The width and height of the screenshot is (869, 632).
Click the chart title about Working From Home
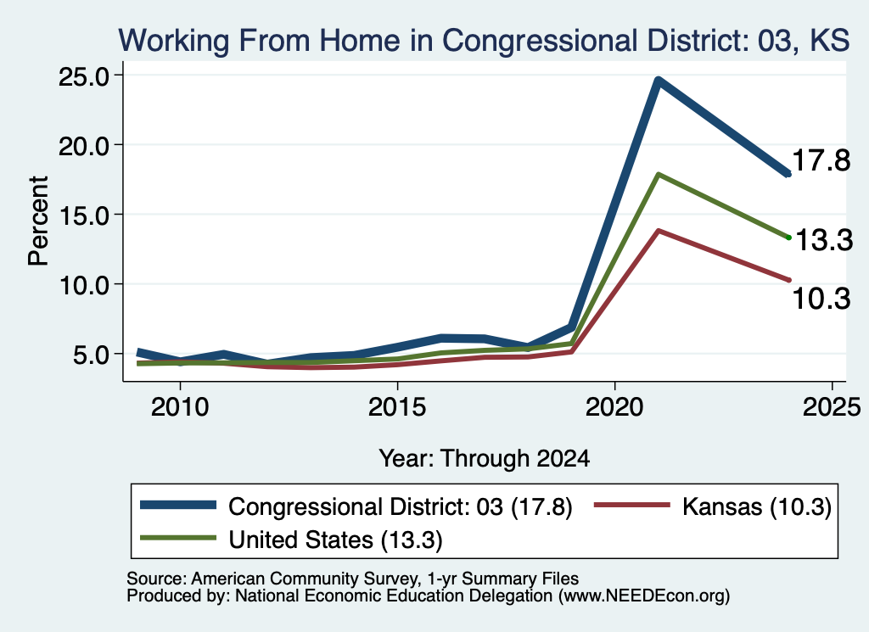[484, 41]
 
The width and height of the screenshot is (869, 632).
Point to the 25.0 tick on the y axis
[84, 76]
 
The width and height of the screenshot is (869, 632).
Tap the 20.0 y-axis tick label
[84, 146]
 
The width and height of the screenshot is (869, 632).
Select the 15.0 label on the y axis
[84, 215]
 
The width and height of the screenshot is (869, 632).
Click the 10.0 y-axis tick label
[84, 285]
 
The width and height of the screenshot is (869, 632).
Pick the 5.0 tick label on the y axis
[92, 355]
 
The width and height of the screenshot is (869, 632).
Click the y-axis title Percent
[38, 221]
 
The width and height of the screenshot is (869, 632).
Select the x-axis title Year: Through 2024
[484, 459]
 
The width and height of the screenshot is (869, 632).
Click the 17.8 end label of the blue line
[821, 160]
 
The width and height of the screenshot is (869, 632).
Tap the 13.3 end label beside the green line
[824, 240]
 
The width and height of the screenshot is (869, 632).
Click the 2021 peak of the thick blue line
[658, 81]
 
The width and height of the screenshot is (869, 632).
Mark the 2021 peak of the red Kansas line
[658, 231]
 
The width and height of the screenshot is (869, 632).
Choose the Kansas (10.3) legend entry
[713, 506]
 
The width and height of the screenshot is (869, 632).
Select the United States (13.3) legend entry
[292, 540]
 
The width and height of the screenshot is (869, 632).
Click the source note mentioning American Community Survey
[352, 579]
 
